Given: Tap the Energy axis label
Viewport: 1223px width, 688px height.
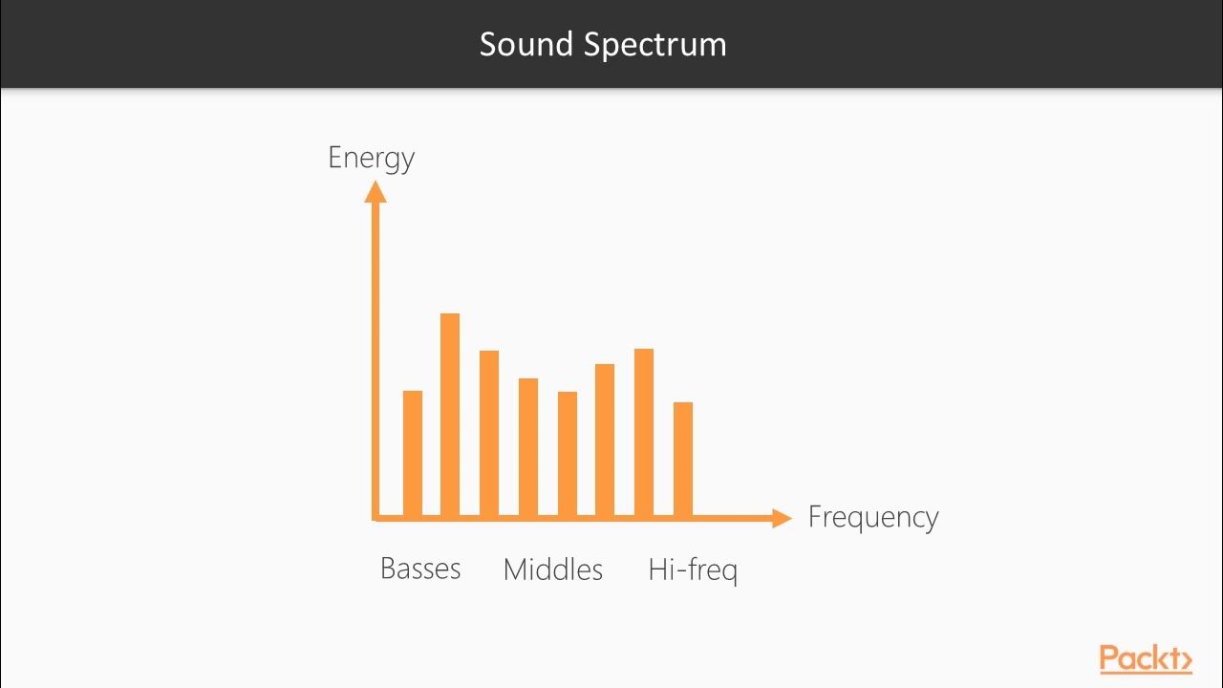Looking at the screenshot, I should click(371, 158).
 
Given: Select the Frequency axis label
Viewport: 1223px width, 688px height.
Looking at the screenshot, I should click(873, 517).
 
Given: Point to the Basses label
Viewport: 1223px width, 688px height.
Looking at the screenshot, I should click(420, 569).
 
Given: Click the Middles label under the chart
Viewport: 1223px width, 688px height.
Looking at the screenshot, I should click(553, 570).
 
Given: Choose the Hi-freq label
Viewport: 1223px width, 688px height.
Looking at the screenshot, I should click(693, 570).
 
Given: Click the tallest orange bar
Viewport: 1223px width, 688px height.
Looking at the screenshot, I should click(450, 416).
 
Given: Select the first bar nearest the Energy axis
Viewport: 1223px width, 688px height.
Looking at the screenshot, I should click(413, 454).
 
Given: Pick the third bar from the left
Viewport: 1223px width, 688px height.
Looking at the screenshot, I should click(489, 434).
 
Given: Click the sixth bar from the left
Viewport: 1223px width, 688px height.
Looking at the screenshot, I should click(605, 441).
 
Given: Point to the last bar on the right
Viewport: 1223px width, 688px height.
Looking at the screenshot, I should click(683, 460).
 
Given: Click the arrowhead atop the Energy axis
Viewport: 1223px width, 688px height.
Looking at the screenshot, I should click(375, 191).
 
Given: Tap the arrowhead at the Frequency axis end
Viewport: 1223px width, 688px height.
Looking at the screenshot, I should click(782, 518).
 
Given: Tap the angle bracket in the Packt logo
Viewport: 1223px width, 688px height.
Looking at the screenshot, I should click(1185, 659).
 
